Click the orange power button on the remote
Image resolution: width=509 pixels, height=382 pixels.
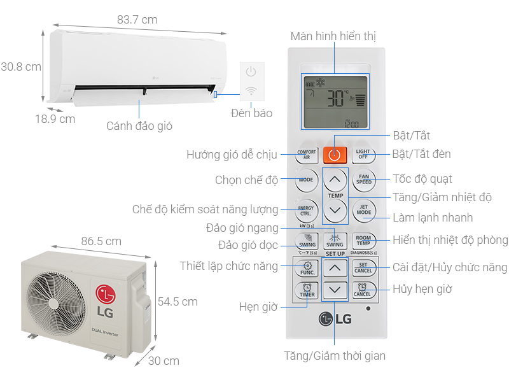coord(335,154)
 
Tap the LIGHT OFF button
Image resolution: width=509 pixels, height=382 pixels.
coord(363,154)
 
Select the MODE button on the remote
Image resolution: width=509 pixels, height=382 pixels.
coord(306,180)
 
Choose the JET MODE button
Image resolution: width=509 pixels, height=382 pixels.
coord(364,209)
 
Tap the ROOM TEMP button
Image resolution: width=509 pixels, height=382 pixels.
coord(364,241)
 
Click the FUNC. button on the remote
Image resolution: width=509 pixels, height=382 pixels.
coord(307,268)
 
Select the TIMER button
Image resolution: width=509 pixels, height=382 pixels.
coord(307,291)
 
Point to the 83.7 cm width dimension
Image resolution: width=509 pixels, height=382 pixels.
coord(137,20)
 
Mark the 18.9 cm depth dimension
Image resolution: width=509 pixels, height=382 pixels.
coord(55,118)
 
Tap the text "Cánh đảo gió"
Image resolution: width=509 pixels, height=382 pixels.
coord(139,125)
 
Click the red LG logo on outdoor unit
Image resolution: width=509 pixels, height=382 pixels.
coord(106,295)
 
